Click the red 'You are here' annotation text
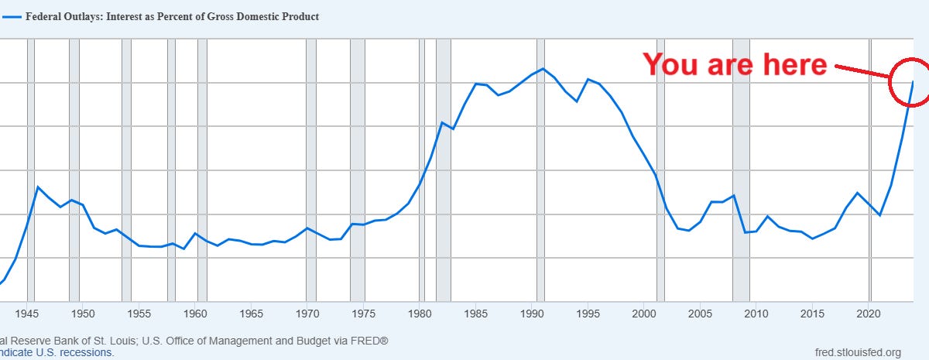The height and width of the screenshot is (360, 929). click(735, 65)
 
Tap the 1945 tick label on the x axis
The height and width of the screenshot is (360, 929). click(27, 314)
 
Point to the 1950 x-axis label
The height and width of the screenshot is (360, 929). click(83, 314)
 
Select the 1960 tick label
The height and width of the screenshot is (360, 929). click(195, 314)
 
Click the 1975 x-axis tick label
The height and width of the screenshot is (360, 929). click(364, 314)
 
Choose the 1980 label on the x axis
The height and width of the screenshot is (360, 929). click(420, 314)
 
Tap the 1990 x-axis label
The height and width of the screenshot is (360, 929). click(533, 314)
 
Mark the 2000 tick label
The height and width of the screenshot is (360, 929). click(645, 314)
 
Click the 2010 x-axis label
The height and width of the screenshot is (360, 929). click(757, 314)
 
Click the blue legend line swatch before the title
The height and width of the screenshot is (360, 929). click(11, 16)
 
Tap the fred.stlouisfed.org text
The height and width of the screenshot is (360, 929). click(858, 352)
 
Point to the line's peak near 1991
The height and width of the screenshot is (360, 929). click(543, 69)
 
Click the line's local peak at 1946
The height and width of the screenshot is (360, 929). click(38, 187)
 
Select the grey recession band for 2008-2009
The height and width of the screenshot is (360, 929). click(741, 170)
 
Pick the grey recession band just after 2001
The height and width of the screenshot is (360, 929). click(660, 170)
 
